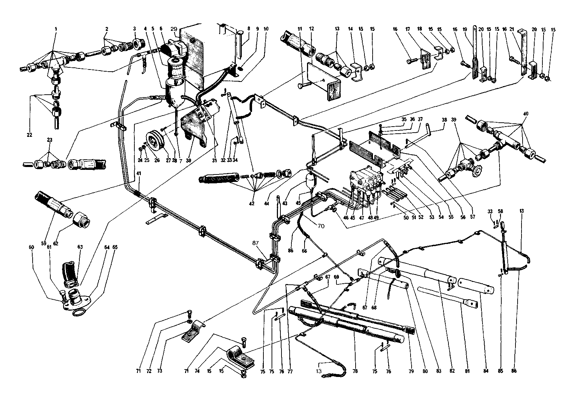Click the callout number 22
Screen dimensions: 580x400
pos(29,135)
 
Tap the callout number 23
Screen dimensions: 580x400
pos(49,140)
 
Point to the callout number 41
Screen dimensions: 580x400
pos(139,173)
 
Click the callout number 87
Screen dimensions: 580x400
pos(256,243)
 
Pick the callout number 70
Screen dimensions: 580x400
pos(321,226)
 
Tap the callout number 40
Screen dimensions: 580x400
pos(526,113)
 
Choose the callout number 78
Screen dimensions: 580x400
pos(355,371)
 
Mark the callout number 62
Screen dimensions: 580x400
pos(56,244)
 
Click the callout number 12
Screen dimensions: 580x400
pos(312,28)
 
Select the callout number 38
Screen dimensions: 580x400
pos(444,120)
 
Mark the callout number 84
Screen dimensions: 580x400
pos(486,371)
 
